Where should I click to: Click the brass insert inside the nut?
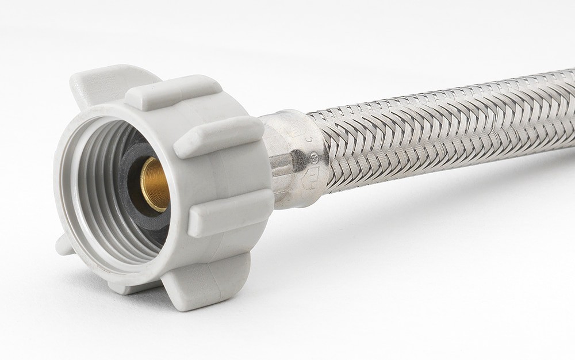[x=151, y=183]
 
